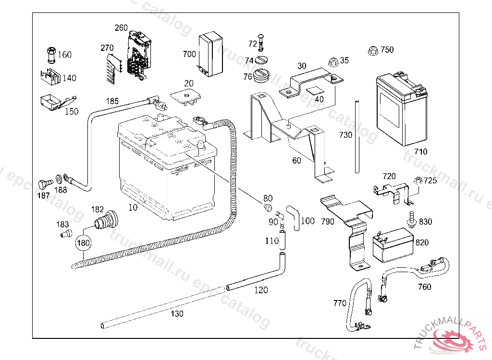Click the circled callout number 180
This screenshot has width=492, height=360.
click(x=84, y=243)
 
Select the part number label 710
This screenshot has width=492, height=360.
click(x=421, y=152)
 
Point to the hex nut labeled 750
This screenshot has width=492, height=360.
click(x=372, y=49)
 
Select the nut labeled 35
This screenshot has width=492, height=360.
click(x=332, y=61)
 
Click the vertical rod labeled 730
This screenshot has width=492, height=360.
click(x=358, y=136)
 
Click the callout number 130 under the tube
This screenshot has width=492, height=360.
click(x=177, y=314)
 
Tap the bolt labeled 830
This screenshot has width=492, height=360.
click(x=411, y=218)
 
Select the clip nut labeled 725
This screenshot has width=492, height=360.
click(x=417, y=181)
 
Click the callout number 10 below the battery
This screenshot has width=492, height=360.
click(x=133, y=207)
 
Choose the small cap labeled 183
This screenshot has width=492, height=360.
click(x=65, y=234)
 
